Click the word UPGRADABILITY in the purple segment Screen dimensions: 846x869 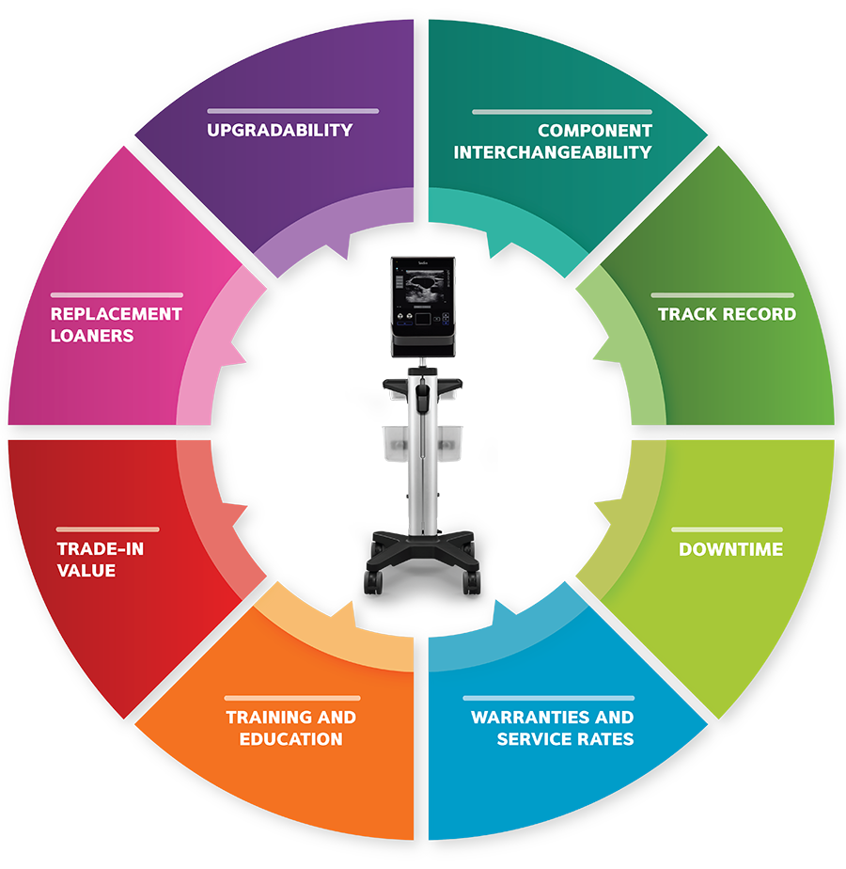280,130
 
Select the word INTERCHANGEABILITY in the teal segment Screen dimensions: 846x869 553,151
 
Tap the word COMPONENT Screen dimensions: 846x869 595,130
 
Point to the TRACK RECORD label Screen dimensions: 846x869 727,314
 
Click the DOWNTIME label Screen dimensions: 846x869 730,548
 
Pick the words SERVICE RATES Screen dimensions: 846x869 565,738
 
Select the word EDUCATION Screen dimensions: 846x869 290,738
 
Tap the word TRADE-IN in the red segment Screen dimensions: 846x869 101,548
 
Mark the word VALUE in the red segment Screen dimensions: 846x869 86,570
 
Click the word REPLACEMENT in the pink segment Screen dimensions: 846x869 117,314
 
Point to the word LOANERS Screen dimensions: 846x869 92,336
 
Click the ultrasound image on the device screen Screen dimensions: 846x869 425,286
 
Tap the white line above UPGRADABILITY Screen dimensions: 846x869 293,111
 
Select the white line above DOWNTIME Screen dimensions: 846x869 727,529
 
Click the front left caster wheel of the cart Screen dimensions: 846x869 373,582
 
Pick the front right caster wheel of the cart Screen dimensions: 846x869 472,582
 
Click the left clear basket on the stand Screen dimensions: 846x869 396,443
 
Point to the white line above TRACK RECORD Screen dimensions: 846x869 723,295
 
